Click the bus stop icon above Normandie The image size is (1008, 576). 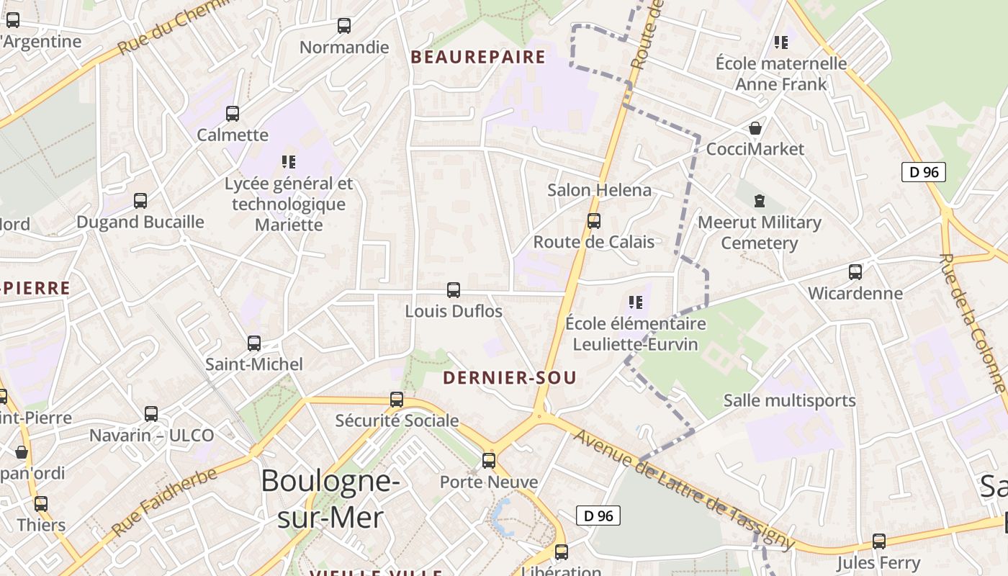tap(344, 26)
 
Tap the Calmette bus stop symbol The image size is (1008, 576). tap(233, 113)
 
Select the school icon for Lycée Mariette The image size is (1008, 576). tap(289, 162)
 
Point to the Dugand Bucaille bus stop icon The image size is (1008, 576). tap(140, 201)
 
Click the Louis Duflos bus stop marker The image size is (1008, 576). tap(454, 290)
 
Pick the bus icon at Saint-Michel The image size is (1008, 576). tap(254, 343)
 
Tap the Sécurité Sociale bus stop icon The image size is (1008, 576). tap(397, 400)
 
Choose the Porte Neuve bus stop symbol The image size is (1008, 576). tap(489, 461)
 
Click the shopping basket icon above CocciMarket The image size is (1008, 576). tap(755, 128)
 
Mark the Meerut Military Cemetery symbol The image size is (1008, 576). tap(759, 200)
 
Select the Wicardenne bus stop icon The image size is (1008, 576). tap(855, 272)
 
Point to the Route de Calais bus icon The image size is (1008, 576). tap(594, 221)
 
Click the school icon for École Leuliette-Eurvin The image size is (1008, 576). tap(635, 302)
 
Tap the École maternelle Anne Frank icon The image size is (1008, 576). tap(781, 42)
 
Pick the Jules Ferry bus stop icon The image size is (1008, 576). tap(879, 541)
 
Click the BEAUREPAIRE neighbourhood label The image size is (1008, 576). tap(478, 58)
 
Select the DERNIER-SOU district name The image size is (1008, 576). tap(510, 378)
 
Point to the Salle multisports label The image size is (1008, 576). tap(789, 400)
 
